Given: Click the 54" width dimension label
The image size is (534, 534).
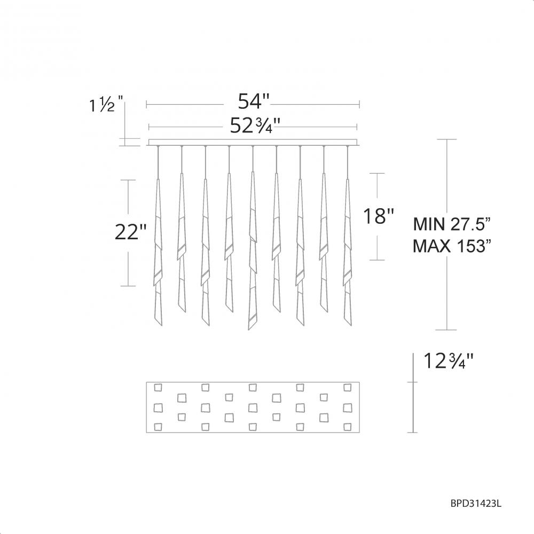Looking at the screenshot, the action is [x=253, y=101].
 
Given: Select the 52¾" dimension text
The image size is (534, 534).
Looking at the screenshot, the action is [x=253, y=125].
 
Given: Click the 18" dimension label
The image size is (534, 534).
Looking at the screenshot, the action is [x=379, y=216].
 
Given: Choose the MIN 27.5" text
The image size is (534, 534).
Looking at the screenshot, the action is [x=452, y=224].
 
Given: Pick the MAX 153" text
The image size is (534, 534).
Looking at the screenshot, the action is [x=452, y=246].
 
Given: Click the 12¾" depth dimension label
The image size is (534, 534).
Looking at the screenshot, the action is [x=449, y=361].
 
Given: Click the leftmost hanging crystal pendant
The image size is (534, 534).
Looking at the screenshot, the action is [x=158, y=252].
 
